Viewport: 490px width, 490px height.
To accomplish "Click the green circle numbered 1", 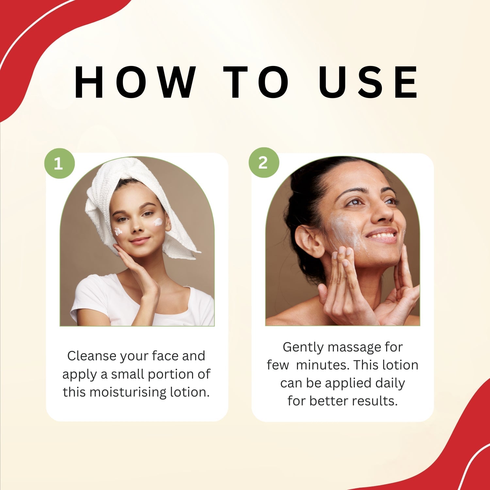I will coord(59,163).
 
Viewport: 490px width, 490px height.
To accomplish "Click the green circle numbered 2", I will coord(264,162).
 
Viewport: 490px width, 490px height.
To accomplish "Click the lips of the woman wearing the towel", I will coord(139,241).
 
